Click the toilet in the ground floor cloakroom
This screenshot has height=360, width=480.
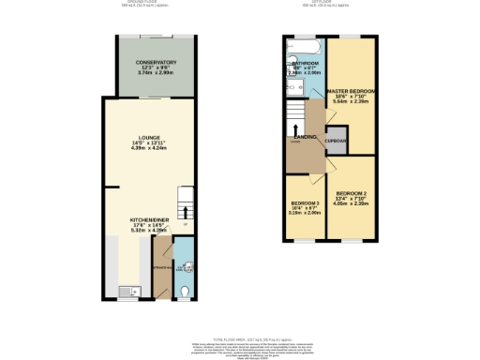tap(185, 291)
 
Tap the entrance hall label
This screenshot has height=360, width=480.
tap(160, 267)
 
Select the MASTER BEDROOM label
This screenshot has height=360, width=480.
tap(352, 91)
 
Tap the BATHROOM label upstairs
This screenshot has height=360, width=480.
tap(306, 63)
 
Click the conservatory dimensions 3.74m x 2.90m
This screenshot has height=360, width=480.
tap(149, 73)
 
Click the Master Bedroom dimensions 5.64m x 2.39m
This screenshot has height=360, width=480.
tap(352, 102)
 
